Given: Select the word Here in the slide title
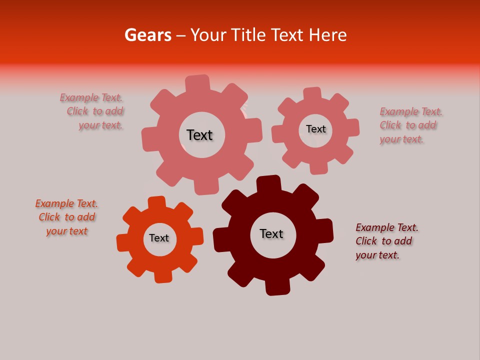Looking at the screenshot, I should [x=327, y=35].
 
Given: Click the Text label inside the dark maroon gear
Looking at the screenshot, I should [x=271, y=234].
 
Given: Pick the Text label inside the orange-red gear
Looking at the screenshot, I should [x=159, y=238].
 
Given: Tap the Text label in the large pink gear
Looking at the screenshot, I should [x=199, y=135].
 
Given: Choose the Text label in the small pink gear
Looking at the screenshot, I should [x=315, y=129].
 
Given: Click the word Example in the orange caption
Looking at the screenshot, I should [x=54, y=203].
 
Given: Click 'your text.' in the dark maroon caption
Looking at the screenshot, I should [x=377, y=255].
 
